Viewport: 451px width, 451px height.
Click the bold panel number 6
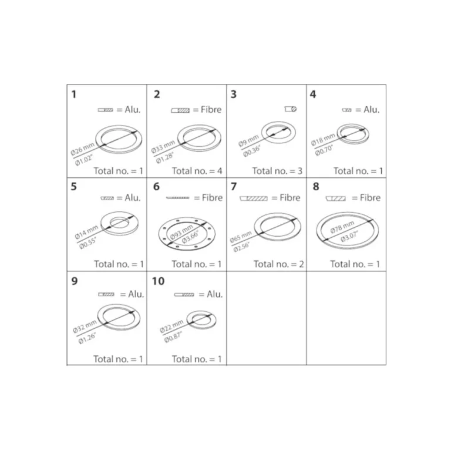pyautogui.click(x=156, y=186)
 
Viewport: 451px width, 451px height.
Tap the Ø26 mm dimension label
pyautogui.click(x=83, y=149)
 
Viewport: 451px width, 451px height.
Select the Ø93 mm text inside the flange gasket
pyautogui.click(x=181, y=233)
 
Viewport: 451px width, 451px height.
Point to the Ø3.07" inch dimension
pyautogui.click(x=349, y=236)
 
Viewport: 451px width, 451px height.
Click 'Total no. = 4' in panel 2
pyautogui.click(x=197, y=171)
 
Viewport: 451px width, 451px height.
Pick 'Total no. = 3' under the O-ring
pyautogui.click(x=277, y=171)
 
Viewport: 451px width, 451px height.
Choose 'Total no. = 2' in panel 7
pyautogui.click(x=278, y=264)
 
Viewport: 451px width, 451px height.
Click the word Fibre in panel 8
pyautogui.click(x=370, y=197)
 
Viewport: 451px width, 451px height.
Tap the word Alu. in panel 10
pyautogui.click(x=214, y=294)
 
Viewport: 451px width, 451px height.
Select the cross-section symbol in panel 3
pyautogui.click(x=291, y=109)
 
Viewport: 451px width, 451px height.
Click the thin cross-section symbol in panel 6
pyautogui.click(x=178, y=197)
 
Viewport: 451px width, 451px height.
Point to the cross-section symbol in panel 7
pyautogui.click(x=254, y=198)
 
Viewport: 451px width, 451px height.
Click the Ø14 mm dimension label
pyautogui.click(x=86, y=232)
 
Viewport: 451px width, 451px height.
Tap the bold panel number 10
pyautogui.click(x=158, y=281)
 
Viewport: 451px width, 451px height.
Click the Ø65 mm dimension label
pyautogui.click(x=240, y=237)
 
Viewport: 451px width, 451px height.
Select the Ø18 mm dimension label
pyautogui.click(x=323, y=139)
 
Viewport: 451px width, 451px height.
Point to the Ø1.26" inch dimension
pyautogui.click(x=87, y=338)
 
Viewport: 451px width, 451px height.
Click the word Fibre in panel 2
pyautogui.click(x=211, y=109)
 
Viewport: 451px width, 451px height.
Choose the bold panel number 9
pyautogui.click(x=74, y=281)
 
